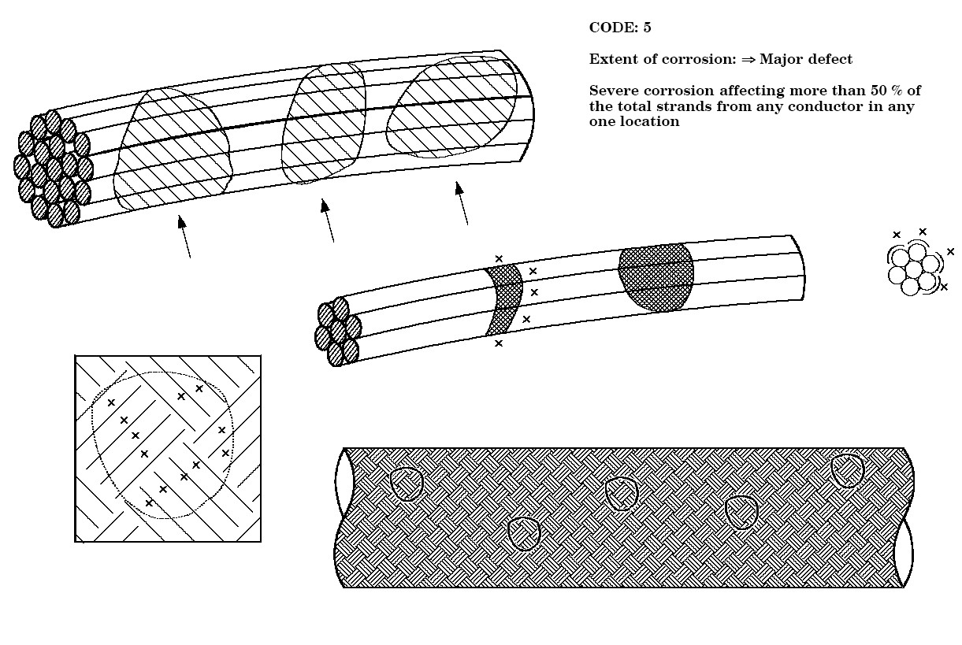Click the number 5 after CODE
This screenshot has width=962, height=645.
point(647,28)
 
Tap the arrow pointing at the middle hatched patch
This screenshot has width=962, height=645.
point(327,220)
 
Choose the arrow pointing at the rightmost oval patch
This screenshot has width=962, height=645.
point(462,203)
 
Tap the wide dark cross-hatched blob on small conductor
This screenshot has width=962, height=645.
point(656,277)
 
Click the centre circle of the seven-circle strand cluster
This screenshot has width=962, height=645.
point(914,268)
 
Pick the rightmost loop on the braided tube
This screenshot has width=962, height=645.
point(848,470)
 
